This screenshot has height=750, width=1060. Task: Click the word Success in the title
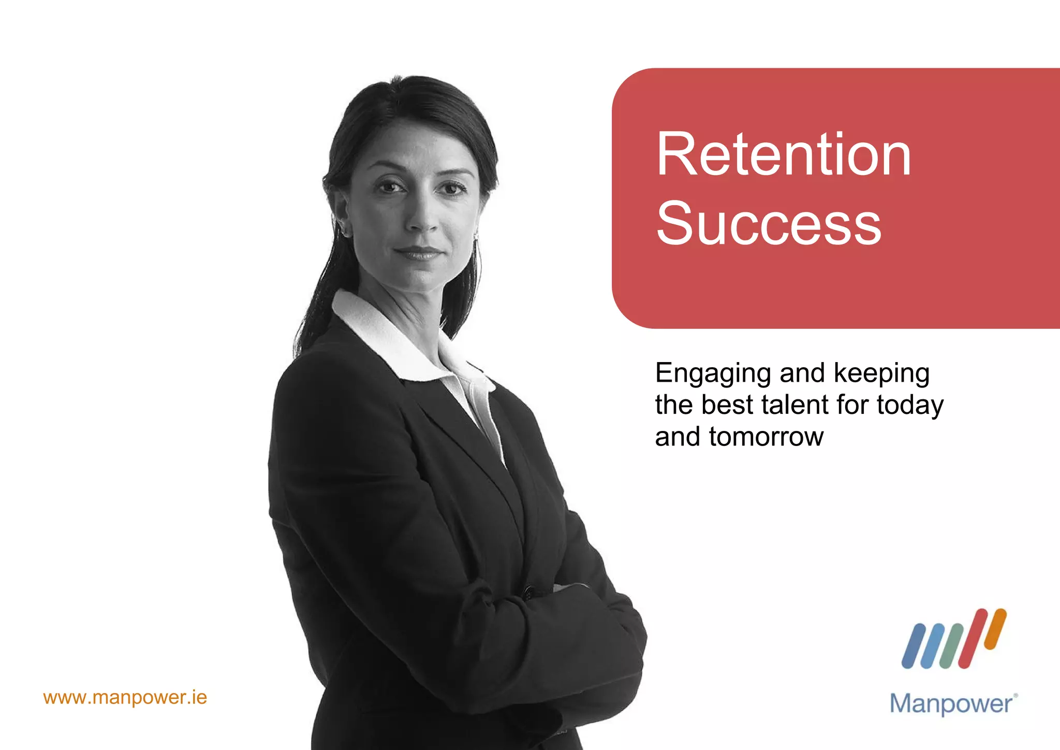[x=769, y=223]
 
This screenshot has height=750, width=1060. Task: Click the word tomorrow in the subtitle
[x=766, y=437]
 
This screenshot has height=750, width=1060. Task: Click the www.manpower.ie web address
[x=125, y=697]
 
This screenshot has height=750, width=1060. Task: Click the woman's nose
[x=422, y=220]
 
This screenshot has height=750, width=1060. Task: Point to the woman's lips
[x=418, y=253]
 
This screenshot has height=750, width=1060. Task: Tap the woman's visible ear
[x=342, y=215]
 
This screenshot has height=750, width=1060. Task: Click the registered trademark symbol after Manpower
[x=1015, y=696]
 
